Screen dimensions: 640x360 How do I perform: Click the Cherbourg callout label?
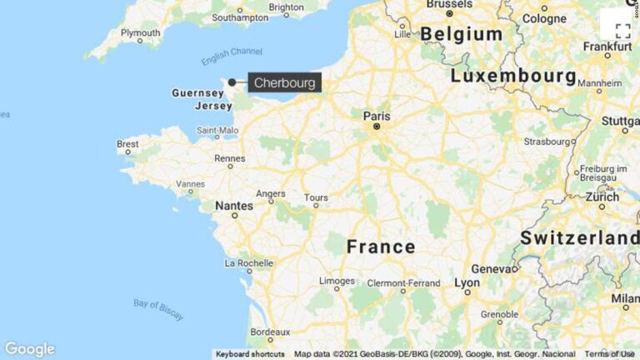click(x=286, y=82)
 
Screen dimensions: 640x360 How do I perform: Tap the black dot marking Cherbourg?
click(x=232, y=82)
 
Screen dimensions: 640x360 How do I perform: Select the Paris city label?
click(x=376, y=116)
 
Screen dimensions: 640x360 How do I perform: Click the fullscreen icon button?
click(x=622, y=32)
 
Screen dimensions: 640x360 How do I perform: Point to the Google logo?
click(x=29, y=349)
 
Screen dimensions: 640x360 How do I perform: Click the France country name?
click(x=380, y=247)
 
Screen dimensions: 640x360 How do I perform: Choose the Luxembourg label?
click(x=513, y=77)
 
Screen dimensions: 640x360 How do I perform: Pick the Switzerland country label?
click(x=580, y=237)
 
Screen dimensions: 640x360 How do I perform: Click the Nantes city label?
click(x=233, y=204)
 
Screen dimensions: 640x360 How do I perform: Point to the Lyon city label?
click(x=467, y=282)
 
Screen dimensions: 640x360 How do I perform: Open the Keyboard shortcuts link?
click(x=250, y=354)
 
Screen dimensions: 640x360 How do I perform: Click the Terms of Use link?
click(x=609, y=354)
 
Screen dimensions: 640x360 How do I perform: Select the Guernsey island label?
click(x=197, y=93)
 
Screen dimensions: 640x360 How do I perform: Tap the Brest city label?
click(x=127, y=143)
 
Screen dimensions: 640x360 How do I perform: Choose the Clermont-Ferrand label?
click(x=403, y=283)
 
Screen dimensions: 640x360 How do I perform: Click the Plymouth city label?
click(x=140, y=32)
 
